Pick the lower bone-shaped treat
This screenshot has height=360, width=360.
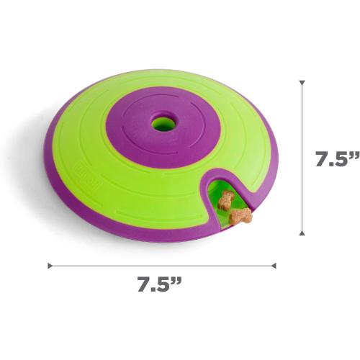click(x=240, y=215)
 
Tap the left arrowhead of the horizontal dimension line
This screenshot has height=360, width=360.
click(x=50, y=265)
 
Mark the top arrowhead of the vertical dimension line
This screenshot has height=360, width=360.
click(x=302, y=83)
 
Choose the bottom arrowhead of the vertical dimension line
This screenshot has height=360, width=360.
click(x=302, y=233)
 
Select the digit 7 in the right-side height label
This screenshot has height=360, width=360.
click(x=321, y=160)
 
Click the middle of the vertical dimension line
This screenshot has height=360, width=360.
click(x=302, y=158)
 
